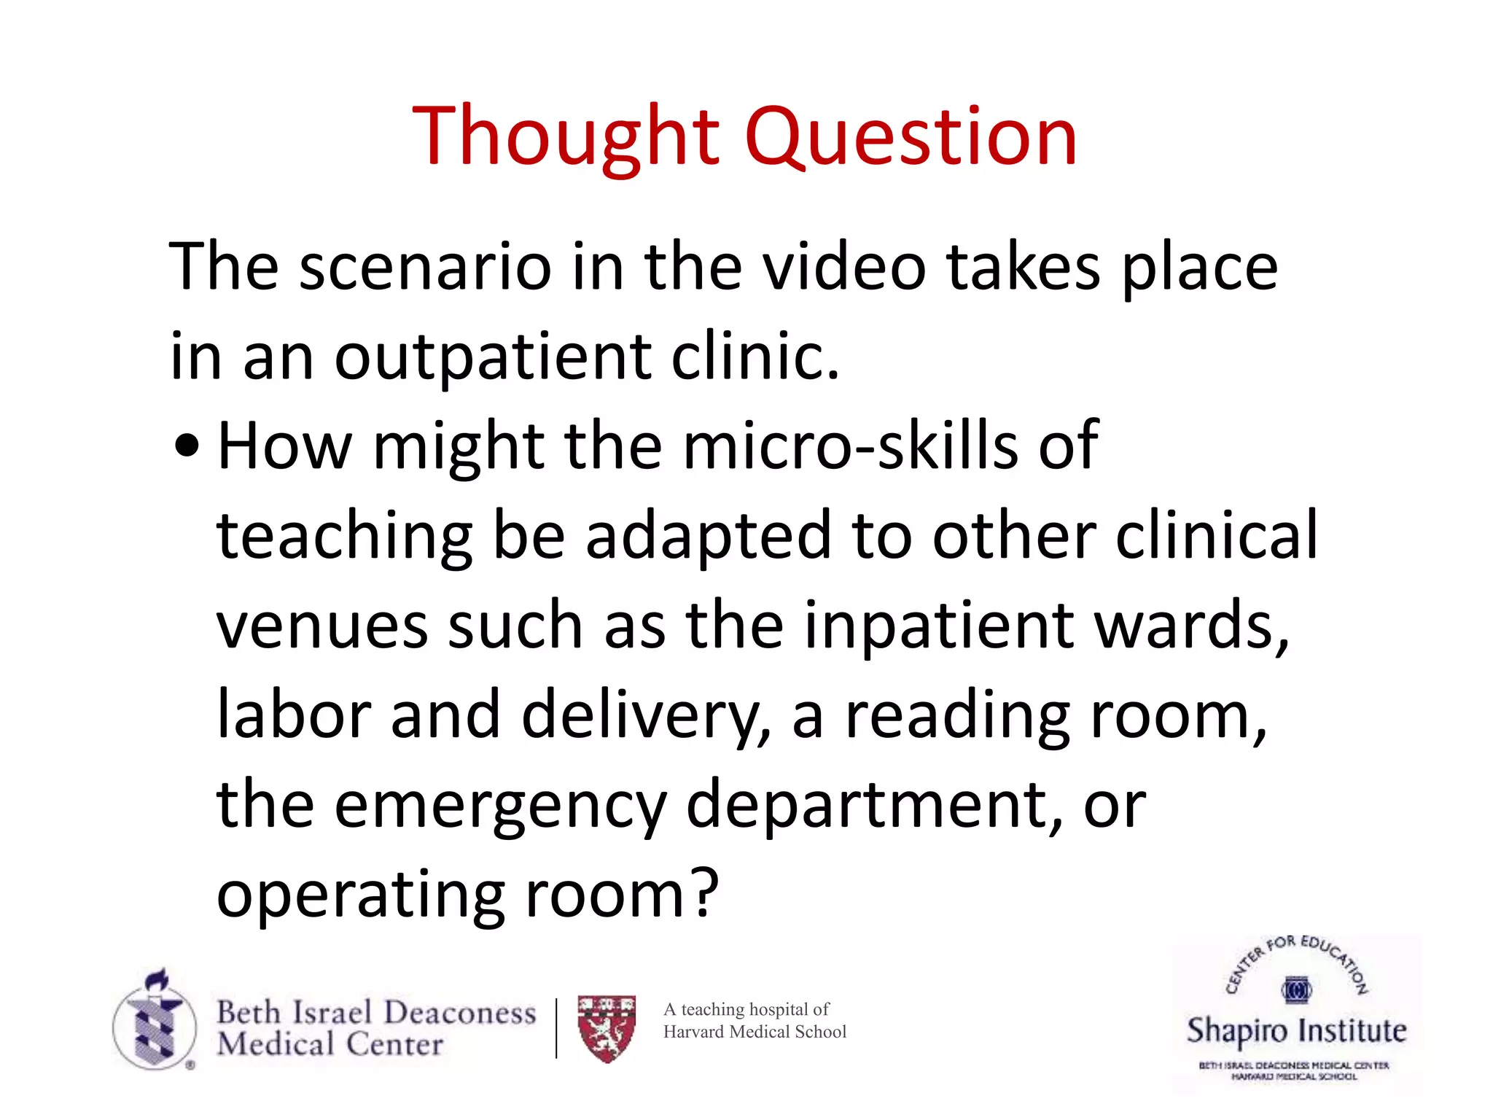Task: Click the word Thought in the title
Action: click(x=566, y=137)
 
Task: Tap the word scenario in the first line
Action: click(x=425, y=267)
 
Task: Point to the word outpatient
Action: click(x=493, y=357)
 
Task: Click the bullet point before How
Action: click(x=187, y=446)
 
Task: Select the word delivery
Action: click(x=646, y=716)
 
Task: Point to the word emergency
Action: click(x=500, y=806)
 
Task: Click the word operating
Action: click(x=361, y=895)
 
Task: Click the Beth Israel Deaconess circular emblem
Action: click(x=155, y=1021)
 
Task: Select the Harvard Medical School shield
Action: click(x=607, y=1028)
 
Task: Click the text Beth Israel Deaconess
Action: click(x=376, y=1012)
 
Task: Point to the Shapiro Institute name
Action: click(x=1296, y=1030)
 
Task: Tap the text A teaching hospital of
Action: click(x=746, y=1009)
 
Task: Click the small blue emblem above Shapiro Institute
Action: click(x=1296, y=990)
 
